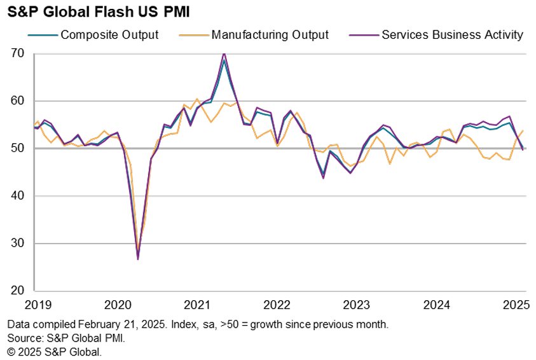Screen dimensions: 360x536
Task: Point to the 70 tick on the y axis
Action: tap(17, 53)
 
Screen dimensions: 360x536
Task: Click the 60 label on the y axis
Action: tap(17, 101)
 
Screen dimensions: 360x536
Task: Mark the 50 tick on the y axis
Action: tap(17, 148)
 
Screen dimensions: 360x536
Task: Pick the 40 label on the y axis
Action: tap(17, 196)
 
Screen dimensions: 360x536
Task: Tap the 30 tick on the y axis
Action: tap(17, 243)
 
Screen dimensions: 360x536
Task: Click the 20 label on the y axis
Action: tap(17, 291)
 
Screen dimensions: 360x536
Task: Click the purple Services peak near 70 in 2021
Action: tap(224, 53)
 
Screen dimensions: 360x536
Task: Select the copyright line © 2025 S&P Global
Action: tap(54, 351)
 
